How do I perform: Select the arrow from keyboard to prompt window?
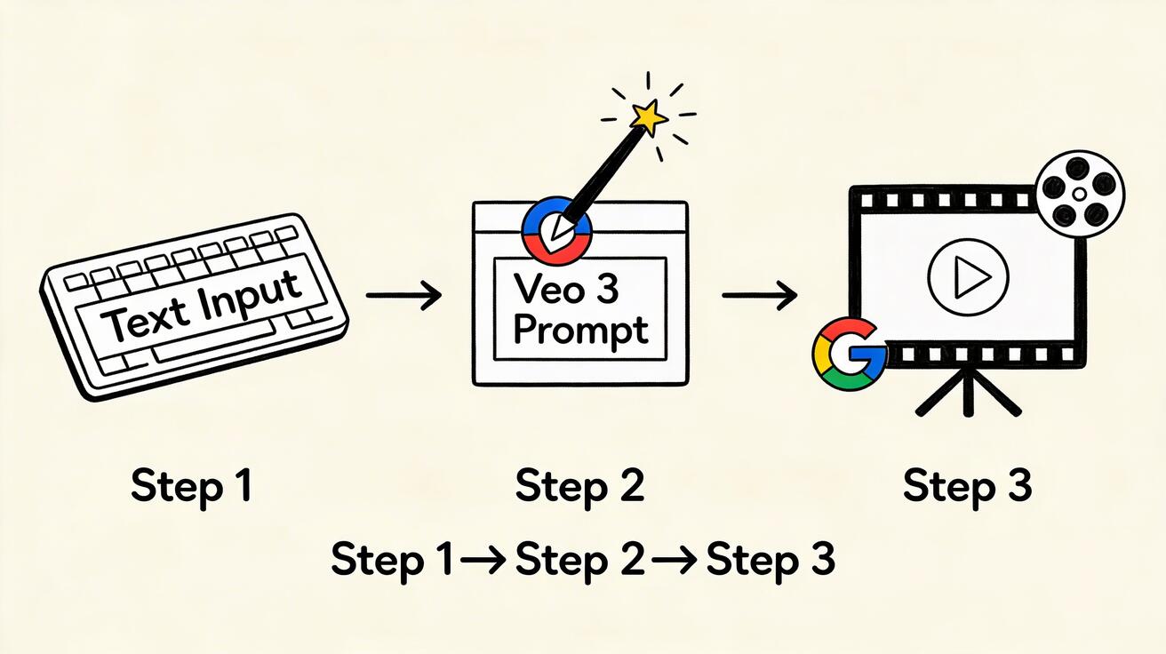pyautogui.click(x=403, y=295)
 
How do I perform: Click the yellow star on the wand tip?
pyautogui.click(x=649, y=117)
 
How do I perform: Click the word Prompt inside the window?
pyautogui.click(x=580, y=331)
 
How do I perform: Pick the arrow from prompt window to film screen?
pyautogui.click(x=759, y=295)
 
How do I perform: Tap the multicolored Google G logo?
pyautogui.click(x=850, y=355)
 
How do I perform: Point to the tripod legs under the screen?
pyautogui.click(x=968, y=395)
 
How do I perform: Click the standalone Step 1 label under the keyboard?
pyautogui.click(x=191, y=486)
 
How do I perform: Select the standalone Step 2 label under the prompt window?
pyautogui.click(x=579, y=486)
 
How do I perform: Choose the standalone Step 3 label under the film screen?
pyautogui.click(x=968, y=486)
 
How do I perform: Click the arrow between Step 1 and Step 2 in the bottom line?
pyautogui.click(x=482, y=561)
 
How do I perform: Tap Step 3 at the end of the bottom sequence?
pyautogui.click(x=771, y=560)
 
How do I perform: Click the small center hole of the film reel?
pyautogui.click(x=1079, y=194)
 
